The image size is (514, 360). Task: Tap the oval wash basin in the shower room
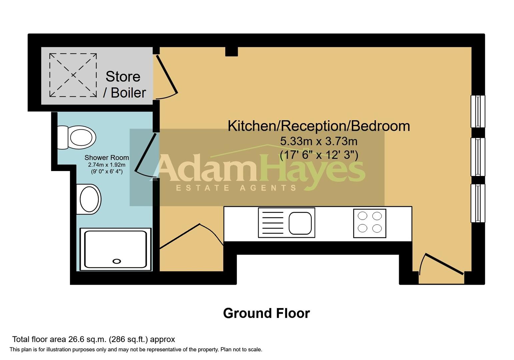[x=89, y=199]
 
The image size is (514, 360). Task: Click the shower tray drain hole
[x=117, y=261]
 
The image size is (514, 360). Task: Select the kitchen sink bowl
[x=300, y=223]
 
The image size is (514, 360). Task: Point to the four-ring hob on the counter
[x=370, y=223]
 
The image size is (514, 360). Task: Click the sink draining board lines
[x=273, y=223]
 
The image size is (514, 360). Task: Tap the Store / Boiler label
[x=124, y=84]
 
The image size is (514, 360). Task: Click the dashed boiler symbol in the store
[x=73, y=75]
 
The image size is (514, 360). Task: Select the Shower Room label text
[x=107, y=158]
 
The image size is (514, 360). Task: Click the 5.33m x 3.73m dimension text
[x=319, y=141]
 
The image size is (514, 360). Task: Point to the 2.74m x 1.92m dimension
[x=107, y=165]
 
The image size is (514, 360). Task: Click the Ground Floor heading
[x=266, y=313]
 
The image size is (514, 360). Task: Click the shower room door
[x=145, y=152]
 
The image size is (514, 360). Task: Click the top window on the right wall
[x=478, y=111]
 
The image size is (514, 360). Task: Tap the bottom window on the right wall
[x=478, y=203]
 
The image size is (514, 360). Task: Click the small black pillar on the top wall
[x=232, y=51]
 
